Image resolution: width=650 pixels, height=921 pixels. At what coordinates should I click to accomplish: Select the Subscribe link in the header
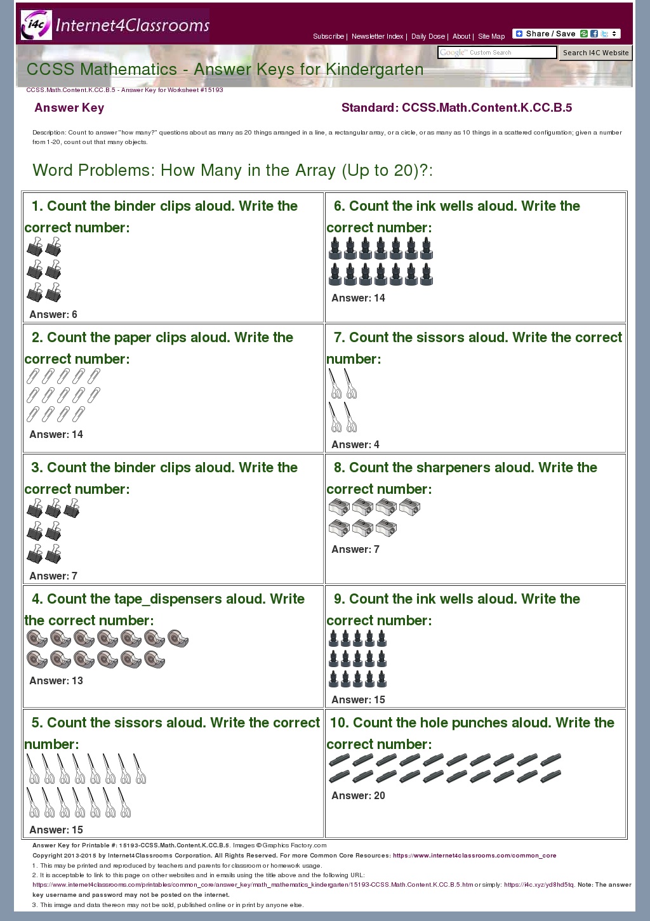[x=328, y=37]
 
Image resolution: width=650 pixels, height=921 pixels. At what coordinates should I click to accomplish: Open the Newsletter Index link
[x=377, y=37]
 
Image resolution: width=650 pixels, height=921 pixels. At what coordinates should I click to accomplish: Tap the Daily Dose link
[x=428, y=37]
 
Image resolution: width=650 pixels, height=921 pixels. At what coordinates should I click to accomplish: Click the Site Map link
[x=491, y=37]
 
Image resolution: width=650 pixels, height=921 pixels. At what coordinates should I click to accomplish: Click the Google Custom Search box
[x=497, y=53]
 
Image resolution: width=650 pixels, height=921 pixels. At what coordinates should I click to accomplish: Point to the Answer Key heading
[x=69, y=108]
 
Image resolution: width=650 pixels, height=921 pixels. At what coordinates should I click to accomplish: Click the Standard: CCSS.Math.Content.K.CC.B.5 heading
[x=456, y=108]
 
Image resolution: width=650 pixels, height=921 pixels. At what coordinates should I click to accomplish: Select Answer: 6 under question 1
[x=53, y=315]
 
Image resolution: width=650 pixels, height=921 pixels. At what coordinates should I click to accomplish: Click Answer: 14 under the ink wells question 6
[x=358, y=298]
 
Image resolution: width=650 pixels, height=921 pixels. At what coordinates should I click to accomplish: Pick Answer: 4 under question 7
[x=355, y=445]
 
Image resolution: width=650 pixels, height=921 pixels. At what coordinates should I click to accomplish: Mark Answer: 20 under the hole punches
[x=358, y=796]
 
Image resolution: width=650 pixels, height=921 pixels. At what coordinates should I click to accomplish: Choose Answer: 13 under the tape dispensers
[x=56, y=681]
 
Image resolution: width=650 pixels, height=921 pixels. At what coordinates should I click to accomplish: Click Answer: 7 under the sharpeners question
[x=355, y=550]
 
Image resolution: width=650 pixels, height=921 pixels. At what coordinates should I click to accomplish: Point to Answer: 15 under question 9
[x=358, y=700]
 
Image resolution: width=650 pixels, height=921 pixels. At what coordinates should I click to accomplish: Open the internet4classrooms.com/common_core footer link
[x=474, y=856]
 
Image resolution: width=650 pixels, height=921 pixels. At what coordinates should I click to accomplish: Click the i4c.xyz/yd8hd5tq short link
[x=539, y=885]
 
